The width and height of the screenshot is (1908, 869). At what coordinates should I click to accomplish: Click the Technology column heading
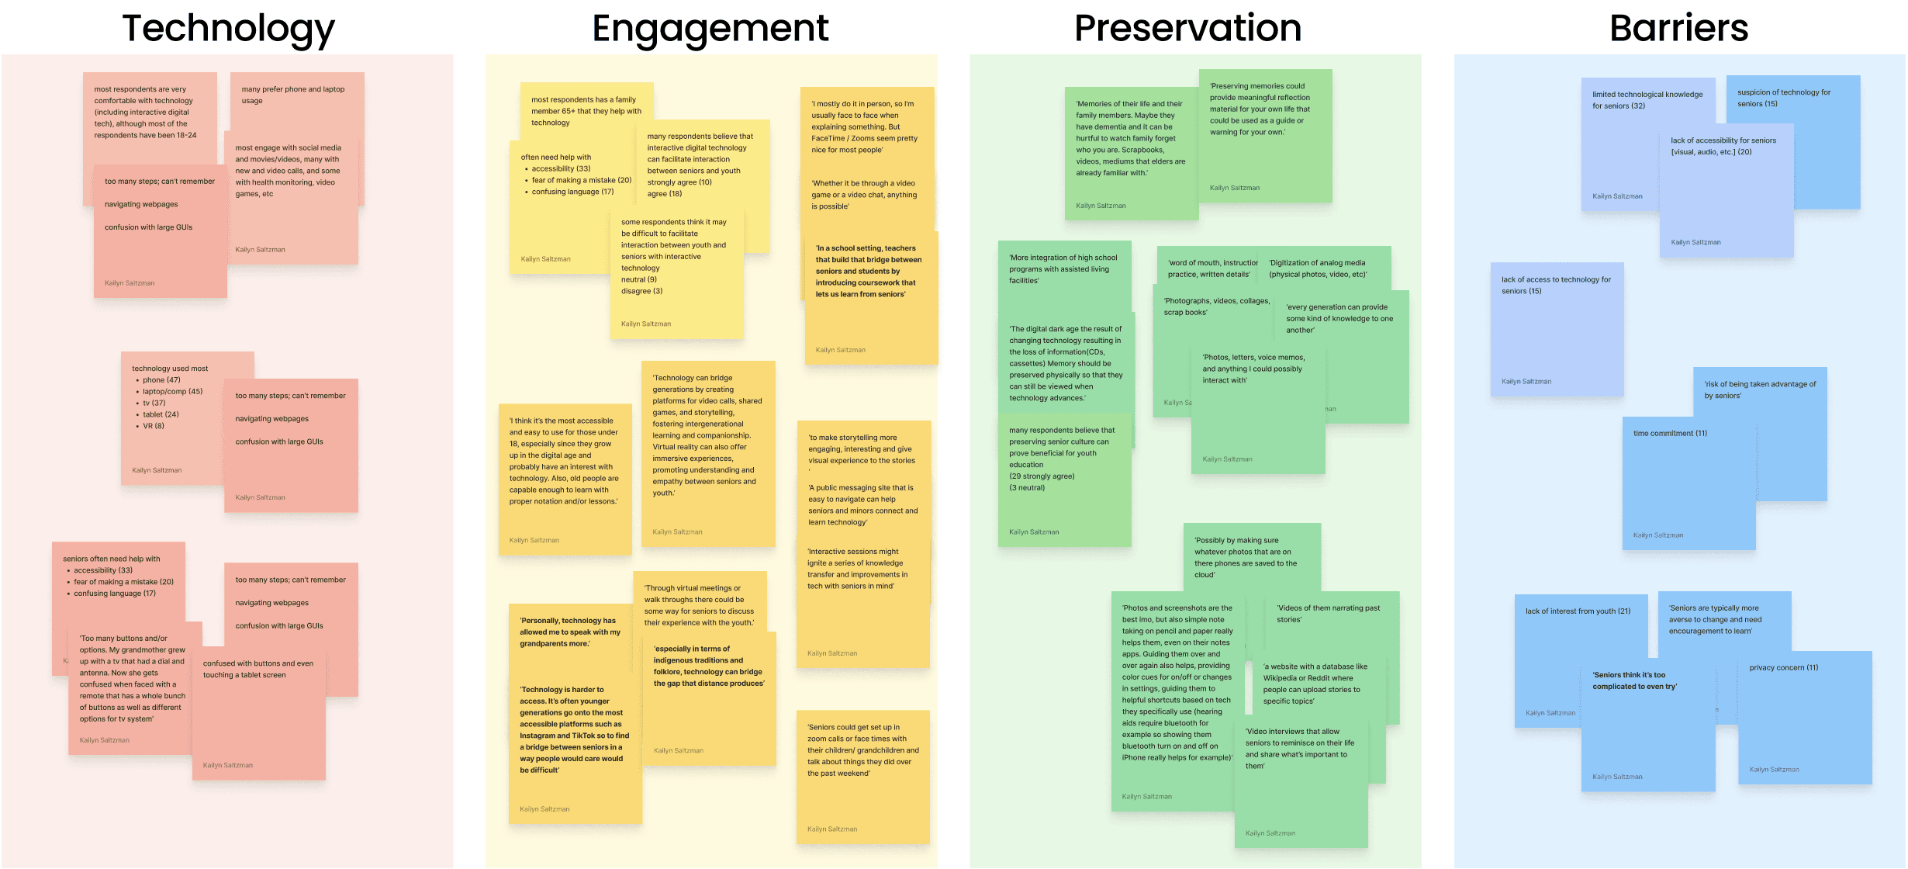pyautogui.click(x=228, y=29)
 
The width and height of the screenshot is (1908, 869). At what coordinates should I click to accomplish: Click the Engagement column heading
pyautogui.click(x=710, y=29)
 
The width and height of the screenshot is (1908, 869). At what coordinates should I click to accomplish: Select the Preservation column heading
pyautogui.click(x=1187, y=29)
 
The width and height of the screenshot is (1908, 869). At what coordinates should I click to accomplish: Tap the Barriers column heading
pyautogui.click(x=1678, y=29)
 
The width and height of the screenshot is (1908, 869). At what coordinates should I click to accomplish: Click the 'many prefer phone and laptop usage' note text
pyautogui.click(x=292, y=95)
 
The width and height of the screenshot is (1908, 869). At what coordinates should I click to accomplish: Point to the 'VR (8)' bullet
pyautogui.click(x=153, y=426)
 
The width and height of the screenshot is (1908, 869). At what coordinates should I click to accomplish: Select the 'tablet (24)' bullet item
pyautogui.click(x=160, y=414)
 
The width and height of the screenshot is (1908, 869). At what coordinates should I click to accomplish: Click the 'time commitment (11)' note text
pyautogui.click(x=1670, y=434)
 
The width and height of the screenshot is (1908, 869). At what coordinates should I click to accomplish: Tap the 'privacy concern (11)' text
pyautogui.click(x=1783, y=668)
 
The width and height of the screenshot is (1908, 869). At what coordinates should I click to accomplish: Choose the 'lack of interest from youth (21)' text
pyautogui.click(x=1578, y=611)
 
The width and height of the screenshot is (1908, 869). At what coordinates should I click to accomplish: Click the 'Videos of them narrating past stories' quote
pyautogui.click(x=1328, y=614)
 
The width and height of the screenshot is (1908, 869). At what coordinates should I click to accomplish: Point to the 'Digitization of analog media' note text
pyautogui.click(x=1317, y=268)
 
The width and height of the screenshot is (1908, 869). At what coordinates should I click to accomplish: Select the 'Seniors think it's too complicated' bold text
pyautogui.click(x=1634, y=680)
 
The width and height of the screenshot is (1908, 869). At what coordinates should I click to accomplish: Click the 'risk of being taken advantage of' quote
pyautogui.click(x=1759, y=389)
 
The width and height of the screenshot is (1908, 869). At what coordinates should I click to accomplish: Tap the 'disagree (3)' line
pyautogui.click(x=641, y=292)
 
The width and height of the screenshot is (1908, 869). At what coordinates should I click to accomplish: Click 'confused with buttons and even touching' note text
pyautogui.click(x=258, y=669)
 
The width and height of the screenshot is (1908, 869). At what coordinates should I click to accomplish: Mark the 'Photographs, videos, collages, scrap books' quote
pyautogui.click(x=1215, y=306)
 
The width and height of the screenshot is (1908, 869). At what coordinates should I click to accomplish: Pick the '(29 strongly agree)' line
pyautogui.click(x=1041, y=476)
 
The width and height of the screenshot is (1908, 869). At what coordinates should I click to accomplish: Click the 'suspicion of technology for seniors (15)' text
pyautogui.click(x=1783, y=98)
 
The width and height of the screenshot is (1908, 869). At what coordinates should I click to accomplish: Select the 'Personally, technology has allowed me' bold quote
pyautogui.click(x=570, y=632)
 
